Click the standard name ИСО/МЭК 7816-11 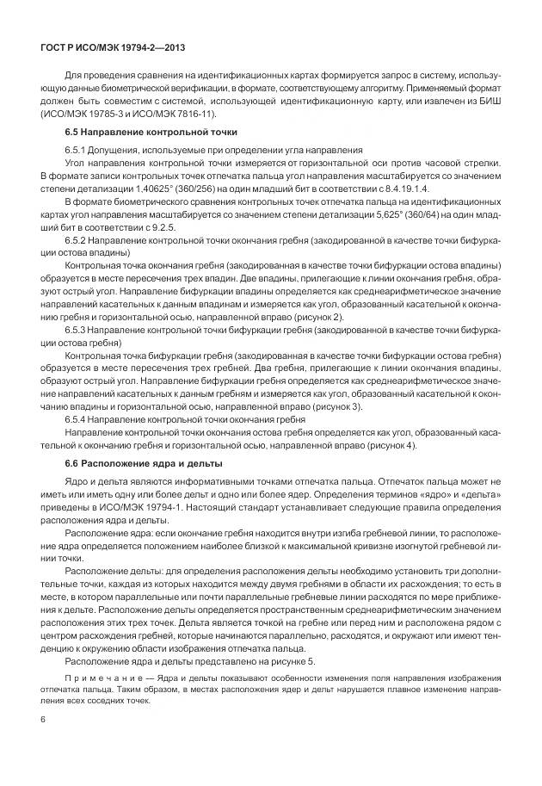177,114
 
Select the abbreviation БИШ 486,102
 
